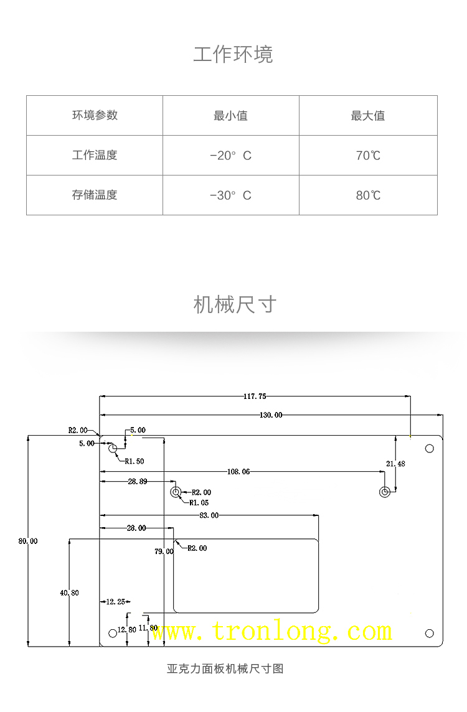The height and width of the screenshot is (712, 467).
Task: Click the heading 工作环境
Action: [x=233, y=55]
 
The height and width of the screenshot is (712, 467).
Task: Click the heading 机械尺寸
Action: [x=234, y=305]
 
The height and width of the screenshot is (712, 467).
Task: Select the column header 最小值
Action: [x=230, y=116]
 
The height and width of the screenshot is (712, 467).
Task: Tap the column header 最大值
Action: [x=367, y=116]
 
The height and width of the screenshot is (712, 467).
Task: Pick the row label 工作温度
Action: [x=95, y=155]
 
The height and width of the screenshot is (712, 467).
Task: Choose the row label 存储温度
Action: [x=95, y=195]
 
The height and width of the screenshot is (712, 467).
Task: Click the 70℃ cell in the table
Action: [x=368, y=156]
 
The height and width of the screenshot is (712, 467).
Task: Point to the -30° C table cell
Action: [x=230, y=195]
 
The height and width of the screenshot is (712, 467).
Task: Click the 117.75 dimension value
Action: [x=255, y=396]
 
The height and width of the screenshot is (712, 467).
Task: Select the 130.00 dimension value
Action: [x=270, y=415]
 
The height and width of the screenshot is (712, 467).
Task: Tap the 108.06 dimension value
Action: [x=238, y=472]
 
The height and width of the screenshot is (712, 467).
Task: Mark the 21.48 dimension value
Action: [x=395, y=464]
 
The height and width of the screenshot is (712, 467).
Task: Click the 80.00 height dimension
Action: [x=28, y=541]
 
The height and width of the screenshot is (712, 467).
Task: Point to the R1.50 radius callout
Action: [x=134, y=461]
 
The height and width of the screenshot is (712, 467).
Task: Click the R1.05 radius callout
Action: [x=199, y=502]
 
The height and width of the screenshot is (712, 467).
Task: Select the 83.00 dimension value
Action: [x=209, y=515]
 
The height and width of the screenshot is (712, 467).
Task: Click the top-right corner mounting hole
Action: [x=429, y=449]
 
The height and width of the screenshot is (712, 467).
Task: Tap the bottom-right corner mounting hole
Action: [x=429, y=633]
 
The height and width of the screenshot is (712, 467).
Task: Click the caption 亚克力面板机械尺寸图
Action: [x=225, y=669]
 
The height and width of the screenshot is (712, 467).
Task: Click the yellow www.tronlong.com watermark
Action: [x=272, y=632]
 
